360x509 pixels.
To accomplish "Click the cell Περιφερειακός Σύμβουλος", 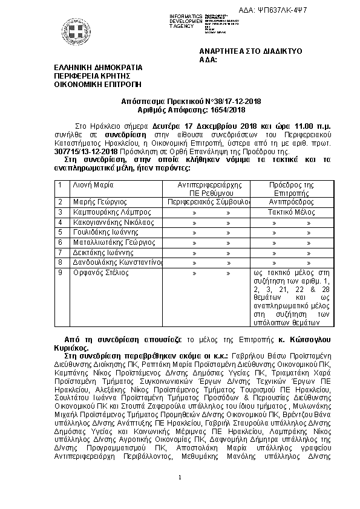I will click(x=203, y=201).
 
